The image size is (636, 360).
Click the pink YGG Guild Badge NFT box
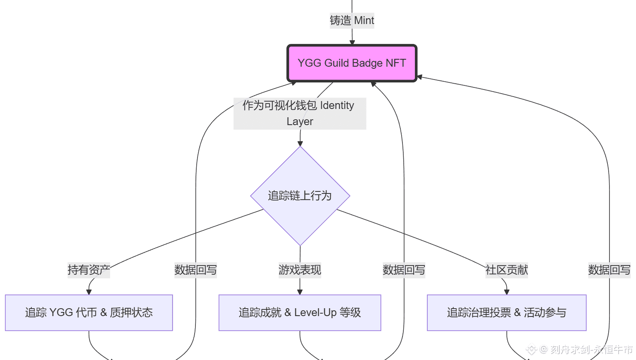pyautogui.click(x=352, y=63)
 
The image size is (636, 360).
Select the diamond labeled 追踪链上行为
pyautogui.click(x=300, y=196)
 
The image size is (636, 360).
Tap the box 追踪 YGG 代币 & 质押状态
pyautogui.click(x=89, y=312)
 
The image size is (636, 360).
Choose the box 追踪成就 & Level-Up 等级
pyautogui.click(x=300, y=312)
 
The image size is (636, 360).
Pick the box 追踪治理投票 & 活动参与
pyautogui.click(x=507, y=312)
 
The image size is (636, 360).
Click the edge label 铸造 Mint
pyautogui.click(x=352, y=20)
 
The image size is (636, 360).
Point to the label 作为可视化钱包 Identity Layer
pyautogui.click(x=300, y=114)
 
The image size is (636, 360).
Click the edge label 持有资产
pyautogui.click(x=89, y=270)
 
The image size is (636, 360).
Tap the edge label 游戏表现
pyautogui.click(x=300, y=270)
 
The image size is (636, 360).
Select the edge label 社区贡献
pyautogui.click(x=507, y=270)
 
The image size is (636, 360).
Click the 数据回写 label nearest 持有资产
pyautogui.click(x=195, y=270)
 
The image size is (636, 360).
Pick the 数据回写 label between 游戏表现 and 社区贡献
pyautogui.click(x=404, y=270)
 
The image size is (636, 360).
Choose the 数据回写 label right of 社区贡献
pyautogui.click(x=609, y=270)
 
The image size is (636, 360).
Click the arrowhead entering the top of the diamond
pyautogui.click(x=300, y=143)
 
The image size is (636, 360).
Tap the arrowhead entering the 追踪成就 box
pyautogui.click(x=300, y=292)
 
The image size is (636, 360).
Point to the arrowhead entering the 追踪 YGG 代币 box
pyautogui.click(x=89, y=292)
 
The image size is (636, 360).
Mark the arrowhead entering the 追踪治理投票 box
pyautogui.click(x=507, y=292)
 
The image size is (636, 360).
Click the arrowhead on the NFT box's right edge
pyautogui.click(x=419, y=77)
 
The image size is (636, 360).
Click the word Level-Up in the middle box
pyautogui.click(x=316, y=312)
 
